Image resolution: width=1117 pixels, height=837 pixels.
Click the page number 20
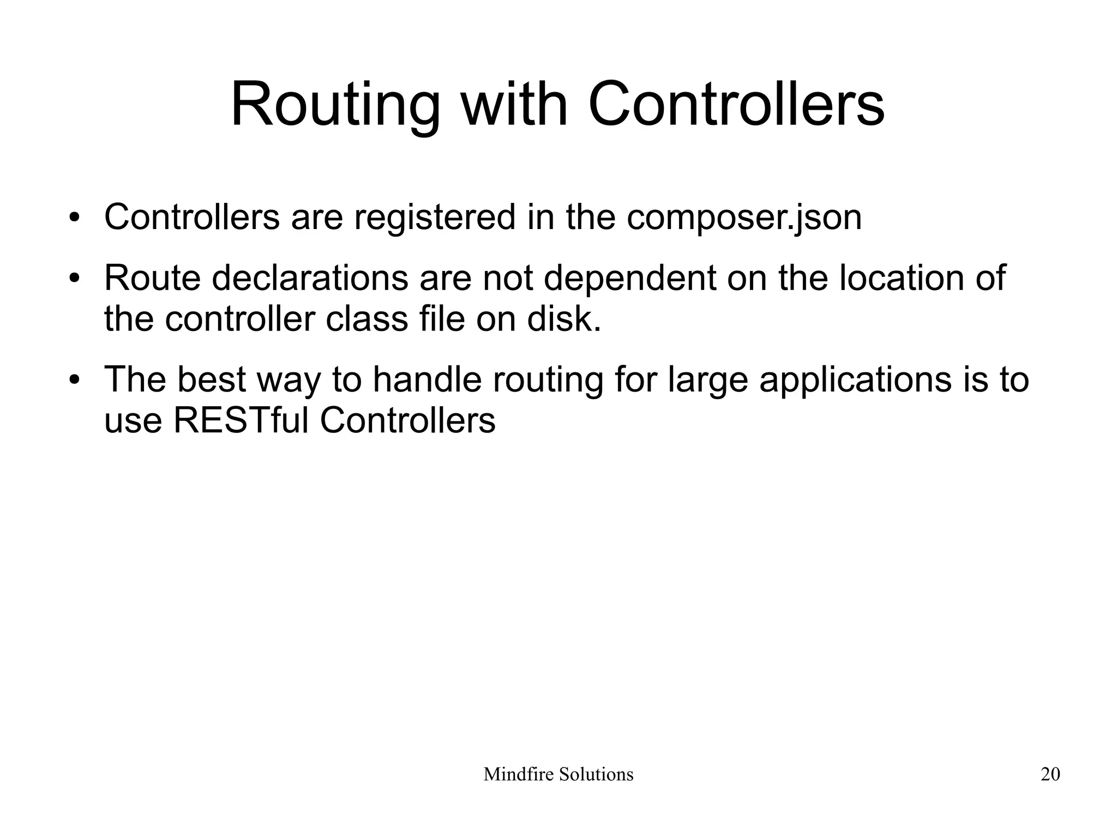pyautogui.click(x=1050, y=774)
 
